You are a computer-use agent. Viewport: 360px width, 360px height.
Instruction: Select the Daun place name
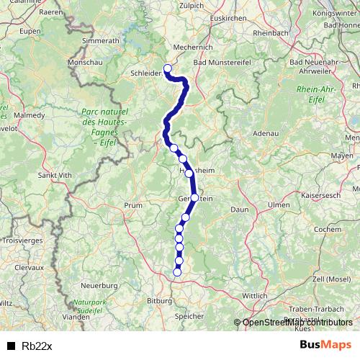(240, 209)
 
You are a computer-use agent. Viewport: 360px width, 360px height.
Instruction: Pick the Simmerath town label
(100, 41)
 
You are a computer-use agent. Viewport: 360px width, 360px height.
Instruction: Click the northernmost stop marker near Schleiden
(168, 69)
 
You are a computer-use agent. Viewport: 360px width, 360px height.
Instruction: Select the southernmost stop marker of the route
(178, 272)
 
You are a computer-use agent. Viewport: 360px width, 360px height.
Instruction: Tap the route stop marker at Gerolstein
(194, 197)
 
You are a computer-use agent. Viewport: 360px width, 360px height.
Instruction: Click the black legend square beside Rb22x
(10, 346)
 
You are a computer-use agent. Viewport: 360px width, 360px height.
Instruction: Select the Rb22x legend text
(36, 346)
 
